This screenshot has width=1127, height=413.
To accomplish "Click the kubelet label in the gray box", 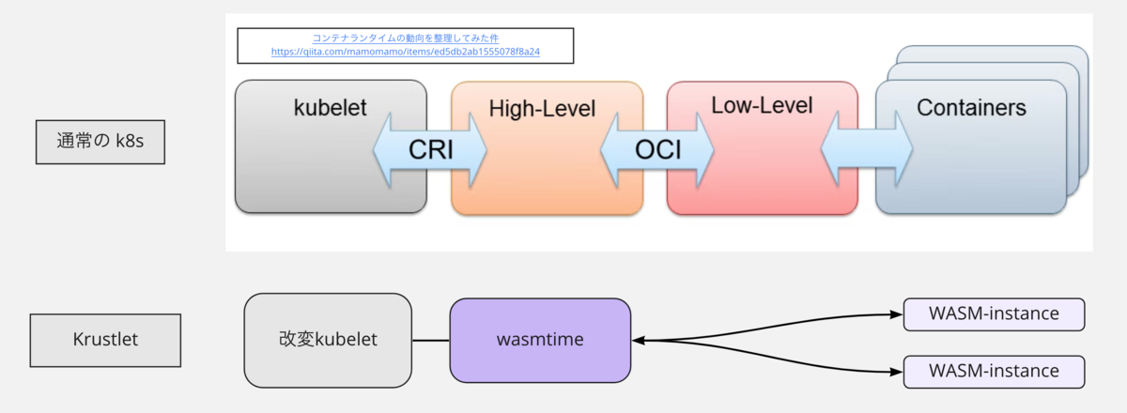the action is pos(330,108).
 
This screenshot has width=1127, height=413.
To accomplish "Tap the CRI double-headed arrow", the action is pos(430,150).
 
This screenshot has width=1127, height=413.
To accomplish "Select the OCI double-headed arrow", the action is pos(657,150).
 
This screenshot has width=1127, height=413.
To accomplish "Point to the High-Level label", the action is pos(542,109).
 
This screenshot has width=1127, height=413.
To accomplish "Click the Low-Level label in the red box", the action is pos(762,105).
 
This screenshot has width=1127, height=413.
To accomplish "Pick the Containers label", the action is pos(971,108).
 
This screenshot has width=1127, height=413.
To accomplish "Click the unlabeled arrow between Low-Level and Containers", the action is pos(866,149).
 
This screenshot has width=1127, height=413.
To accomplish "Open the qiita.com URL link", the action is pos(406,52).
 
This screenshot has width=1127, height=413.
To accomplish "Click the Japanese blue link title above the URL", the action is pos(406,38).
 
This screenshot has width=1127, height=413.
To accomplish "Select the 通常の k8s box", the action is pos(100,142).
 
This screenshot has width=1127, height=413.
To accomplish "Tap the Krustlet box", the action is pos(105,340).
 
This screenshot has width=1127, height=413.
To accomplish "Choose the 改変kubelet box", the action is pos(328,341).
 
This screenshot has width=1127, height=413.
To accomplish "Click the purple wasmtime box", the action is pos(540,341).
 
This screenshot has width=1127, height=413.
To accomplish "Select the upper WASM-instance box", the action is pos(994,314).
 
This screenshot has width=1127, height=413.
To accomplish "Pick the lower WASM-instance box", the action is pos(994,372).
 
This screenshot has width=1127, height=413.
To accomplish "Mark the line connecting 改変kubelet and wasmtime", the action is pos(431,341).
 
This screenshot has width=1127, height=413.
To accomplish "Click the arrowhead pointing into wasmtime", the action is pos(638,341).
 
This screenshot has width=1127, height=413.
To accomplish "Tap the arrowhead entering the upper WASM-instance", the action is pos(896,314).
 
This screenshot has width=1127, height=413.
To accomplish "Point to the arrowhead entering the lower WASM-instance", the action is pos(896,372).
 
